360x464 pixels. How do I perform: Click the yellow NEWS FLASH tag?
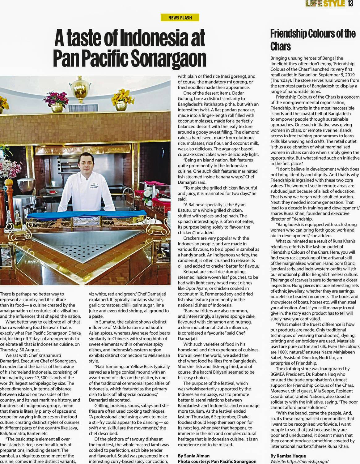pos(180,18)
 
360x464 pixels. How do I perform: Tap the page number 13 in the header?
pos(350,4)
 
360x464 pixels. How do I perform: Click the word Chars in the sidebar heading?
pos(281,46)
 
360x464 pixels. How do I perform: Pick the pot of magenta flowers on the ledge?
pos(57,101)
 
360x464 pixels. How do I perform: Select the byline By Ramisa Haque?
pos(288,456)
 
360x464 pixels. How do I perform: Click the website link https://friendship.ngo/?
pos(299,461)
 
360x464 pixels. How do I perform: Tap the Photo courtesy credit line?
pos(217,461)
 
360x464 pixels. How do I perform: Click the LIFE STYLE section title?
pos(325,4)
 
